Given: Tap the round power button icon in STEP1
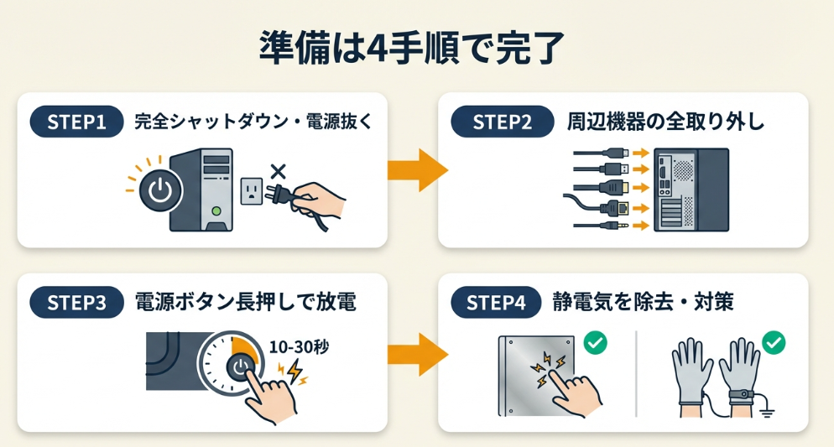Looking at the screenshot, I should coord(159,191).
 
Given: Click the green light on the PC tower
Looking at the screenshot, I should coord(216,211).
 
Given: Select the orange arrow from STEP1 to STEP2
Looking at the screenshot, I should coord(416,171).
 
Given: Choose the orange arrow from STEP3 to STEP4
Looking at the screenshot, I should coord(416,353).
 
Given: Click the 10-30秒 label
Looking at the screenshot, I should coord(299,346).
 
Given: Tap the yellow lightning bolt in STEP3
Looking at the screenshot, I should coord(294,372).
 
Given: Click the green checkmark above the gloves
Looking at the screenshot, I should coord(774,342).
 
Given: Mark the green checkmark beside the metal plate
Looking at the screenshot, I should coord(596,342).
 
